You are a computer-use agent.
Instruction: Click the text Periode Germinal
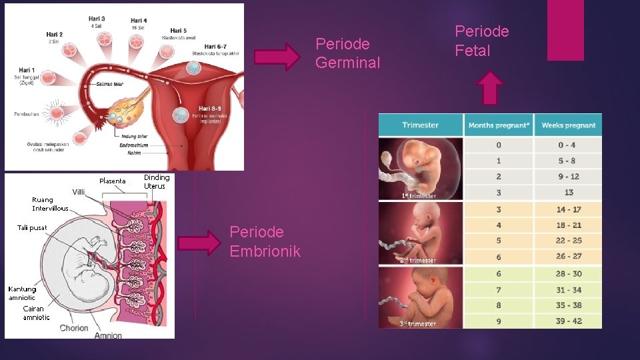point(347,53)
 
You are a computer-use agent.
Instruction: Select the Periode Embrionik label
point(265,241)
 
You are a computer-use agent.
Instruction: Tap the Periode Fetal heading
point(481,41)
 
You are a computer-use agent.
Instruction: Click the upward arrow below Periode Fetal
point(491,88)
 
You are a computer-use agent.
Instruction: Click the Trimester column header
point(420,125)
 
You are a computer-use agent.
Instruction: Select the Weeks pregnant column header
point(568,125)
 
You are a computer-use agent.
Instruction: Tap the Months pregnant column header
point(499,125)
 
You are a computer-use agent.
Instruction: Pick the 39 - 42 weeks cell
point(568,321)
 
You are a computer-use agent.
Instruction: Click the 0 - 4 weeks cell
point(568,145)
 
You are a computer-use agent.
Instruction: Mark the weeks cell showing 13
point(568,193)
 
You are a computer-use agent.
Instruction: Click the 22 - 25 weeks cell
point(568,241)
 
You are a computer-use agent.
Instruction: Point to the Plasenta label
point(112,181)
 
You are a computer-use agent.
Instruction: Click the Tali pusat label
point(32,228)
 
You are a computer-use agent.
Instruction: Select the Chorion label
point(74,328)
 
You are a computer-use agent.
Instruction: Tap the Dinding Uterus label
point(157,181)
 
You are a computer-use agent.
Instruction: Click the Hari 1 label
point(27,70)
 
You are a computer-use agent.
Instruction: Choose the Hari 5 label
point(178,31)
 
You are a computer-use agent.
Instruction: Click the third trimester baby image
point(420,297)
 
